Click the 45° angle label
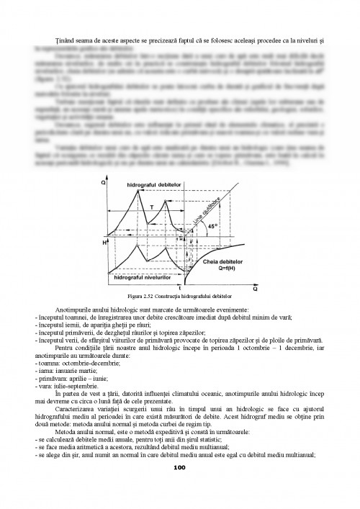point(212,225)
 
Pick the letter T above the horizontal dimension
point(150,204)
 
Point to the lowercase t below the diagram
point(179,287)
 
